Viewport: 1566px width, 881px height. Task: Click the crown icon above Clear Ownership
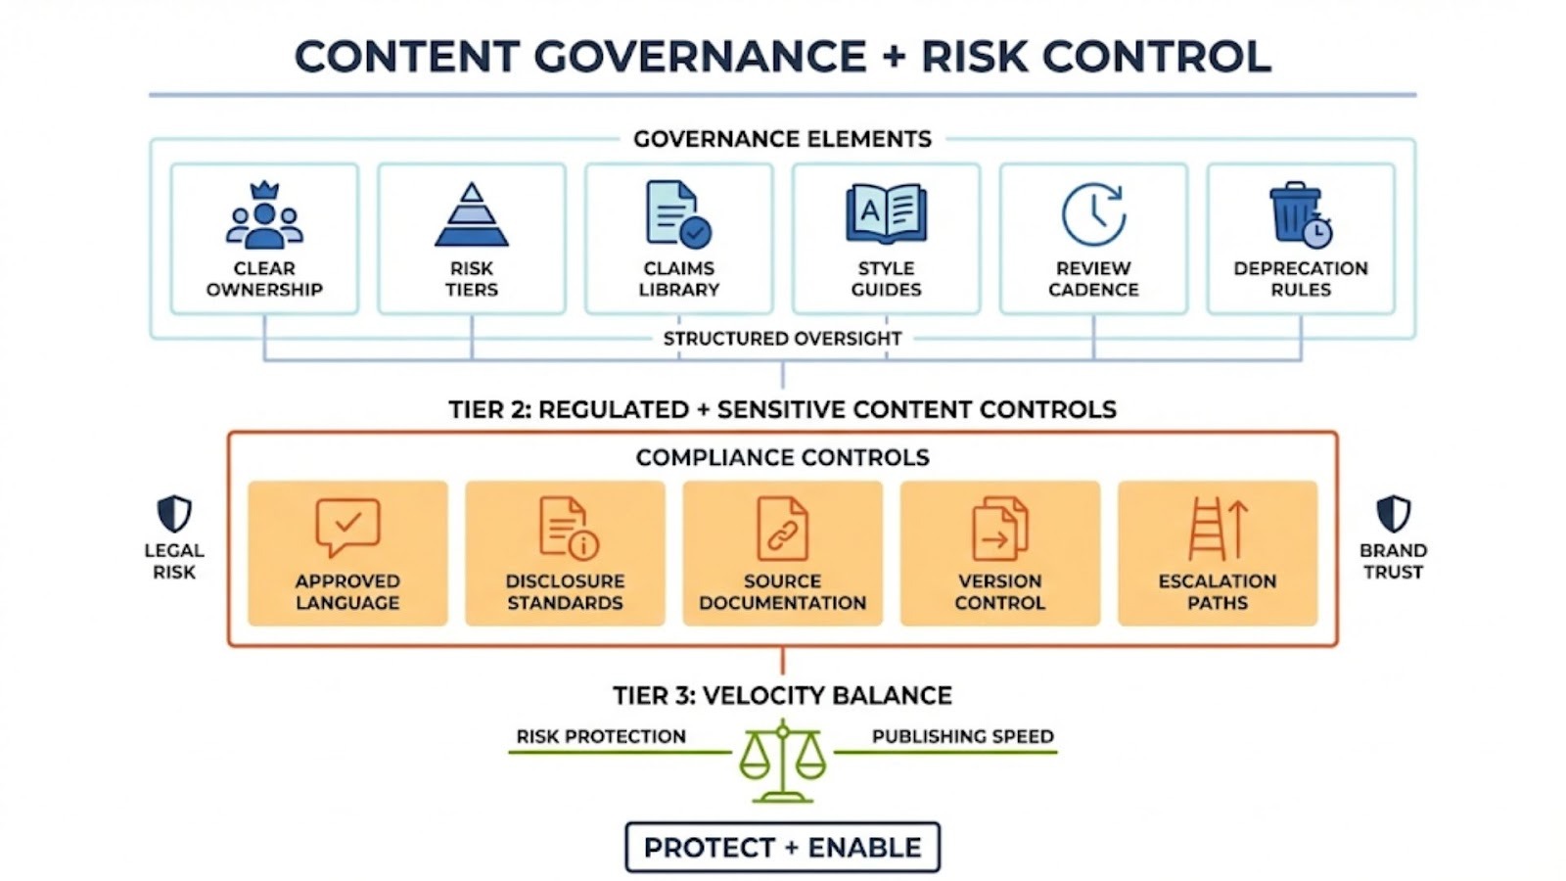264,190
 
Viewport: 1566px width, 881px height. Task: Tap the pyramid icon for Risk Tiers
472,214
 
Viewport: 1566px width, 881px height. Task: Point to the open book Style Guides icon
886,213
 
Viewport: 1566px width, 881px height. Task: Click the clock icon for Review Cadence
1093,213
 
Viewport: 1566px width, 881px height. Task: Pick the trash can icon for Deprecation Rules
1300,213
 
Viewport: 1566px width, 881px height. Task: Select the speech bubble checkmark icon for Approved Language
347,527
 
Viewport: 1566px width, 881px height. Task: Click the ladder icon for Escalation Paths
1217,529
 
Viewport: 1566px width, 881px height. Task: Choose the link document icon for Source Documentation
782,529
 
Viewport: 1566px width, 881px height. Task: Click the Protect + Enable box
782,848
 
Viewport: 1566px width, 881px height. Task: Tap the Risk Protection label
601,736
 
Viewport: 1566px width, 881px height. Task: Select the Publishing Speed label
962,736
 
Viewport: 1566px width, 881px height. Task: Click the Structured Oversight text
782,339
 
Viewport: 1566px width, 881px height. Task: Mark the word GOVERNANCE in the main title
700,56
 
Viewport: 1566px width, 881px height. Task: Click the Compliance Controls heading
782,457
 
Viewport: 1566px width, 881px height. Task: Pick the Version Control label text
999,591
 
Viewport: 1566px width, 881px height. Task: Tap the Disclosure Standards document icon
568,529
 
